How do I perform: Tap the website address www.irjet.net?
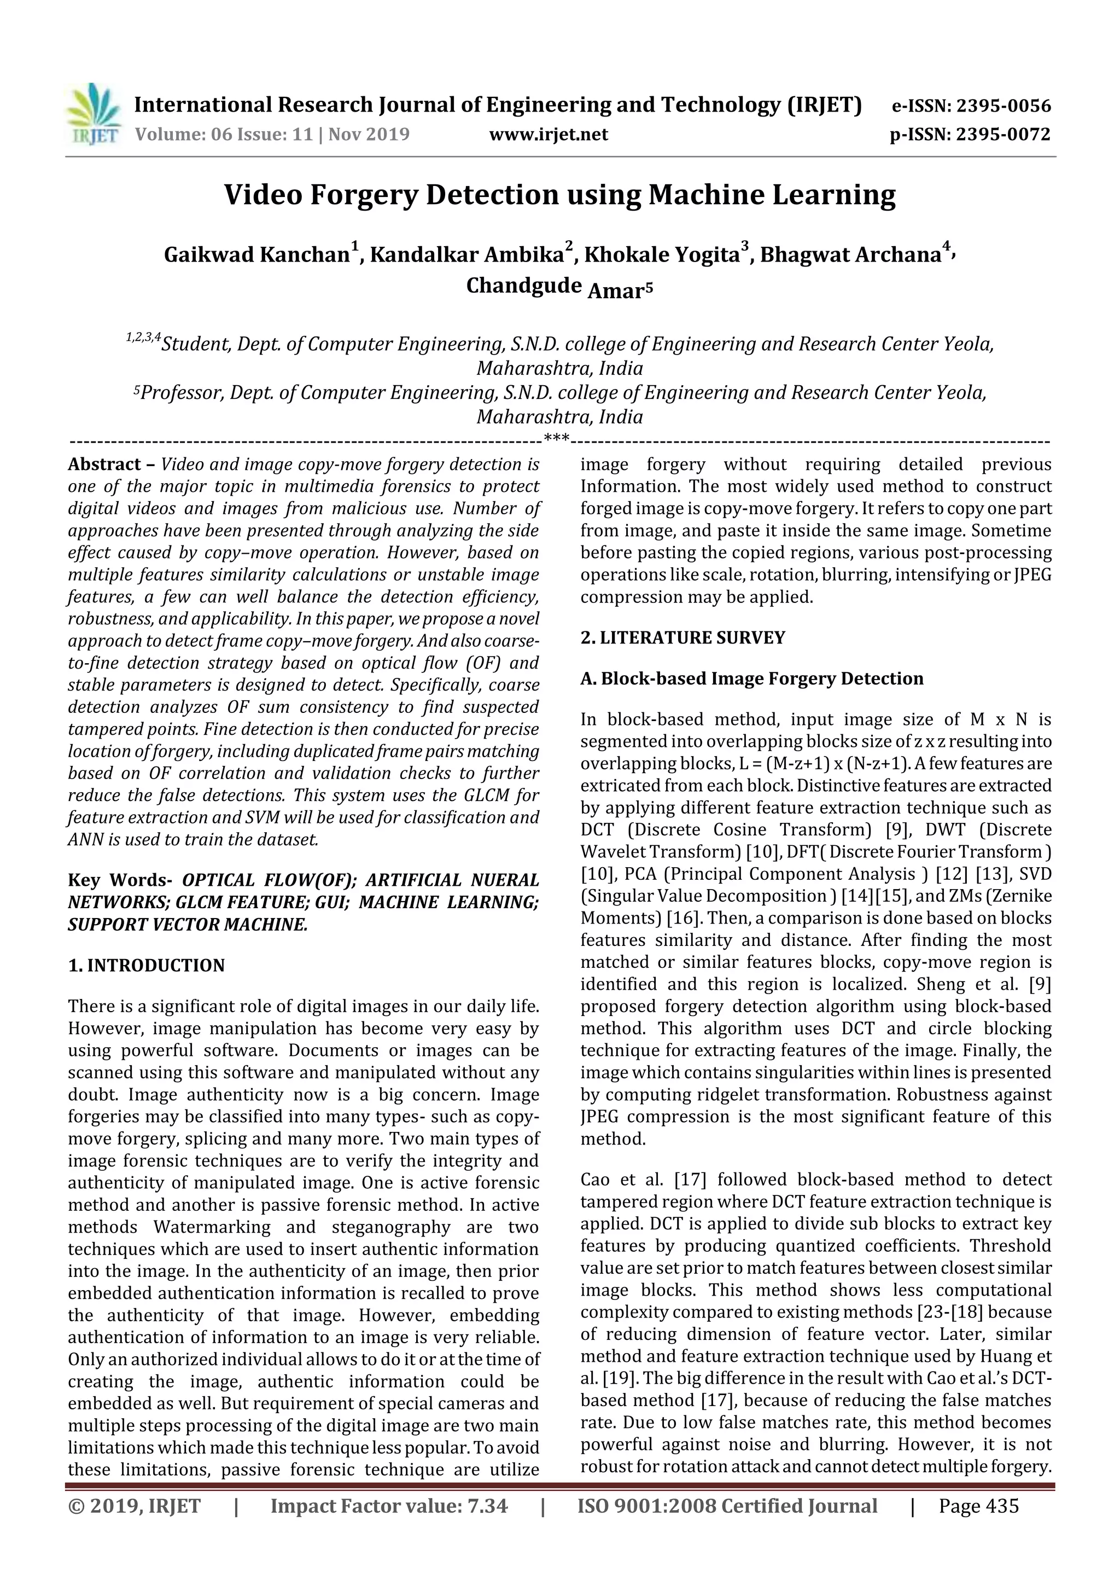(x=548, y=134)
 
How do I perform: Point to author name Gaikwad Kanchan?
(x=256, y=255)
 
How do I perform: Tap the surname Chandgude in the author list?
(x=523, y=285)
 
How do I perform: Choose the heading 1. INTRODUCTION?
(x=147, y=965)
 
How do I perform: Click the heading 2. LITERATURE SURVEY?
(x=682, y=637)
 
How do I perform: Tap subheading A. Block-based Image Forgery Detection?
(x=751, y=678)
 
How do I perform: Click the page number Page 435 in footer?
(x=978, y=1506)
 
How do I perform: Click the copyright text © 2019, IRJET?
(x=135, y=1506)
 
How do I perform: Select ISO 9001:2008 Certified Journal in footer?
(x=727, y=1506)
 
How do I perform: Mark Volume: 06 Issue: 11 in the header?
(x=224, y=134)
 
